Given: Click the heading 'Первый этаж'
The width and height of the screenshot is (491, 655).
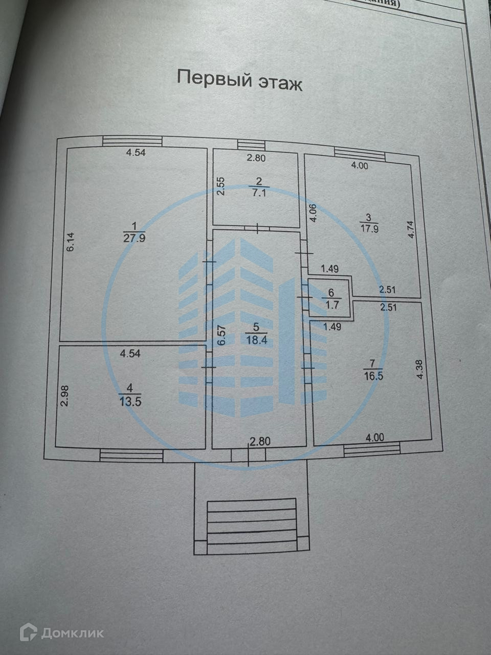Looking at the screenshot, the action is coord(239,80).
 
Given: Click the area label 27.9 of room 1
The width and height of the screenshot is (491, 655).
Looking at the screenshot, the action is coord(135,237).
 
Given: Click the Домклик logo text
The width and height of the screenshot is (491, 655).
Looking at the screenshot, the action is coord(72,633).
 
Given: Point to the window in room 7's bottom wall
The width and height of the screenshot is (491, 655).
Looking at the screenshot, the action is coord(372,449).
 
